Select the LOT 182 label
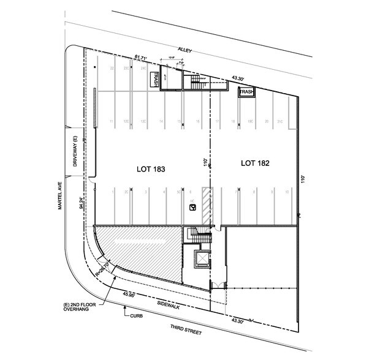pyautogui.click(x=256, y=163)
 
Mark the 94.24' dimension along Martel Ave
pyautogui.click(x=81, y=203)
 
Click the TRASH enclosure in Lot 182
pyautogui.click(x=246, y=92)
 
